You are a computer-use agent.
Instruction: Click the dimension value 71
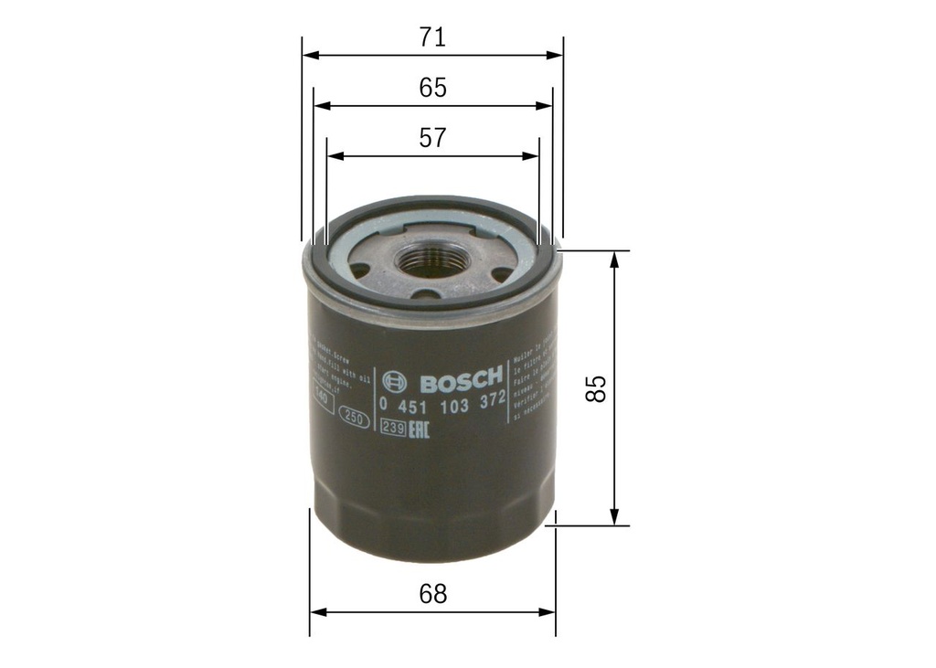pos(432,37)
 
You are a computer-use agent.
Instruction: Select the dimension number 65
pos(432,88)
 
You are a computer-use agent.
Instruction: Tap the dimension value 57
pos(432,138)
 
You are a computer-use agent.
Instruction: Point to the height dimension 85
pos(597,388)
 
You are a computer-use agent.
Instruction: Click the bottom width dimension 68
pos(432,594)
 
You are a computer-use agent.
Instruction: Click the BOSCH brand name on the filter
pos(459,378)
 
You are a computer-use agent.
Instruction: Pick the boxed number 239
pos(393,427)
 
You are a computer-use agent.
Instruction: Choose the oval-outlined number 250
pos(354,419)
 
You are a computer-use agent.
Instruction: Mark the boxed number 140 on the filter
pos(320,395)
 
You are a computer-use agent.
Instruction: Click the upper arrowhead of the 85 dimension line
pos(615,259)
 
